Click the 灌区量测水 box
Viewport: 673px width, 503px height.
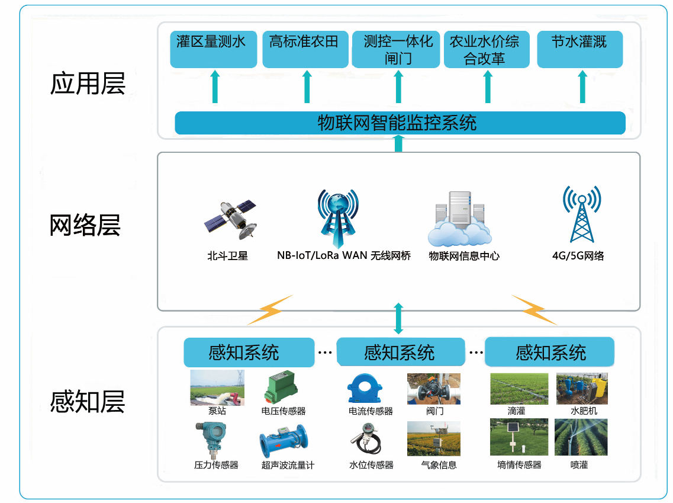pyautogui.click(x=214, y=49)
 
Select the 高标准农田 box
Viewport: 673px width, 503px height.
pyautogui.click(x=305, y=49)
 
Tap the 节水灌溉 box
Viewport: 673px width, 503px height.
pyautogui.click(x=579, y=49)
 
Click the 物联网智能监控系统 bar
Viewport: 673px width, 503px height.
pyautogui.click(x=400, y=123)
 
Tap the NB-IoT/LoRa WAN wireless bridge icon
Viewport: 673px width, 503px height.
pyautogui.click(x=338, y=217)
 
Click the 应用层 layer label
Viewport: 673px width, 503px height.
pyautogui.click(x=88, y=84)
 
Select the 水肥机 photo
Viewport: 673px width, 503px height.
pyautogui.click(x=582, y=389)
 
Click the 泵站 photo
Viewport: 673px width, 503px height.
pyautogui.click(x=217, y=388)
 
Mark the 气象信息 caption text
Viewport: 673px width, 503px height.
pyautogui.click(x=439, y=465)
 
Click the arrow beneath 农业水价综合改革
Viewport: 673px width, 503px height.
pyautogui.click(x=488, y=88)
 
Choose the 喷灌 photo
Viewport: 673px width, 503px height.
pyautogui.click(x=581, y=437)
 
